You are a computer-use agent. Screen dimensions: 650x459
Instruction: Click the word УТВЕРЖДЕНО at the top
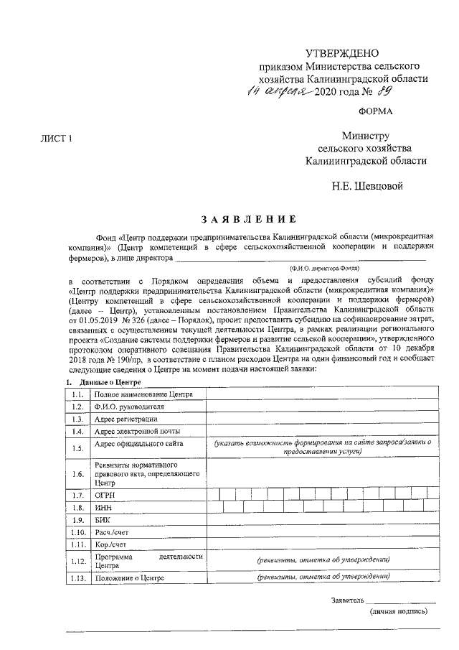tap(341, 54)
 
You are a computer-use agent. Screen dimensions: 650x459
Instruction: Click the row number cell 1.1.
tap(77, 394)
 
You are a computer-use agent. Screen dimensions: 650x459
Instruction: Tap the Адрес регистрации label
tap(126, 419)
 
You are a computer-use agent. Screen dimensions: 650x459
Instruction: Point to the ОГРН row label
tap(105, 495)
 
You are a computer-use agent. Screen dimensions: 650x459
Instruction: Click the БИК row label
tap(103, 519)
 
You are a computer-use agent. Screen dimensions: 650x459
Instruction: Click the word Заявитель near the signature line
tap(347, 600)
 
